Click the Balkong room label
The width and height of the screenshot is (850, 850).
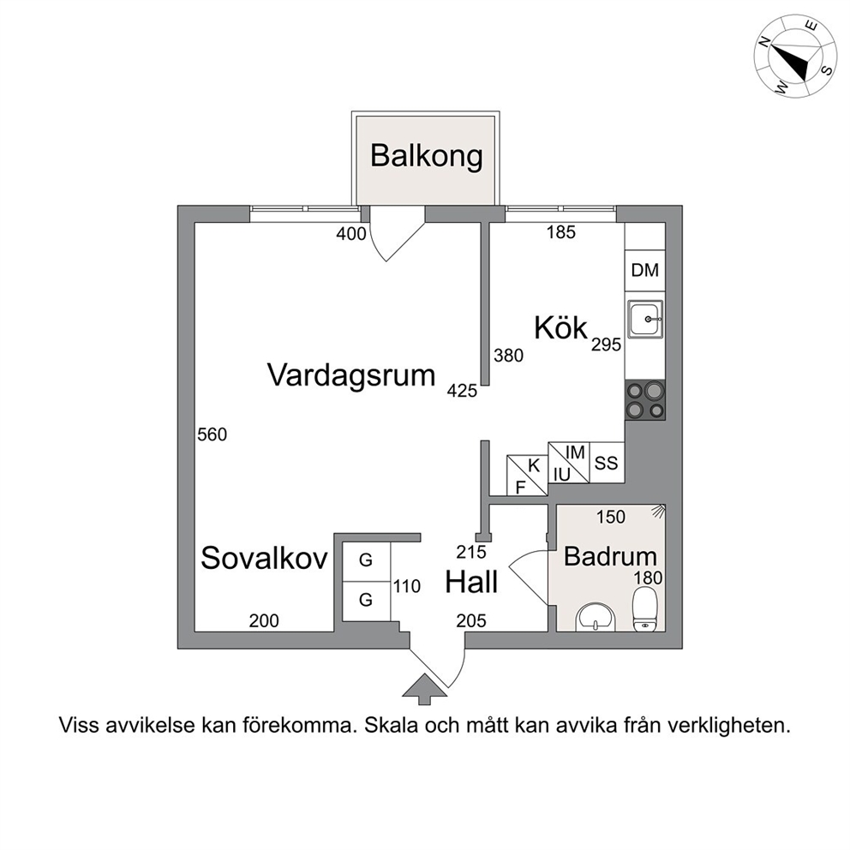(426, 156)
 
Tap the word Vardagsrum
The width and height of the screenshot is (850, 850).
(351, 375)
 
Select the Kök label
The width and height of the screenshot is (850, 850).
(560, 327)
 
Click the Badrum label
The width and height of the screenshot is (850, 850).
(610, 556)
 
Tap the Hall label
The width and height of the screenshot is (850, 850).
(471, 582)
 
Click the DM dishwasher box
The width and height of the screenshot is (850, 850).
(645, 271)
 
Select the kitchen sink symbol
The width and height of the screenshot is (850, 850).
(645, 319)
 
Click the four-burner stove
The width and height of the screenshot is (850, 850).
(645, 399)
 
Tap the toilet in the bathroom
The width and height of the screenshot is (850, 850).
(644, 611)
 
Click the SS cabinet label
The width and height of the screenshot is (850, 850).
(606, 463)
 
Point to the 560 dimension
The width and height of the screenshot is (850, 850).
(212, 434)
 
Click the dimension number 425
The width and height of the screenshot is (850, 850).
(462, 391)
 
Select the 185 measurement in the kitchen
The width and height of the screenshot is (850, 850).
(560, 232)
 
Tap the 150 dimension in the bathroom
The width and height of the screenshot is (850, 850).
(611, 517)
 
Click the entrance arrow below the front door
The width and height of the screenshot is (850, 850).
(424, 689)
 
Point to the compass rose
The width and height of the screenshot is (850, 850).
(794, 57)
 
